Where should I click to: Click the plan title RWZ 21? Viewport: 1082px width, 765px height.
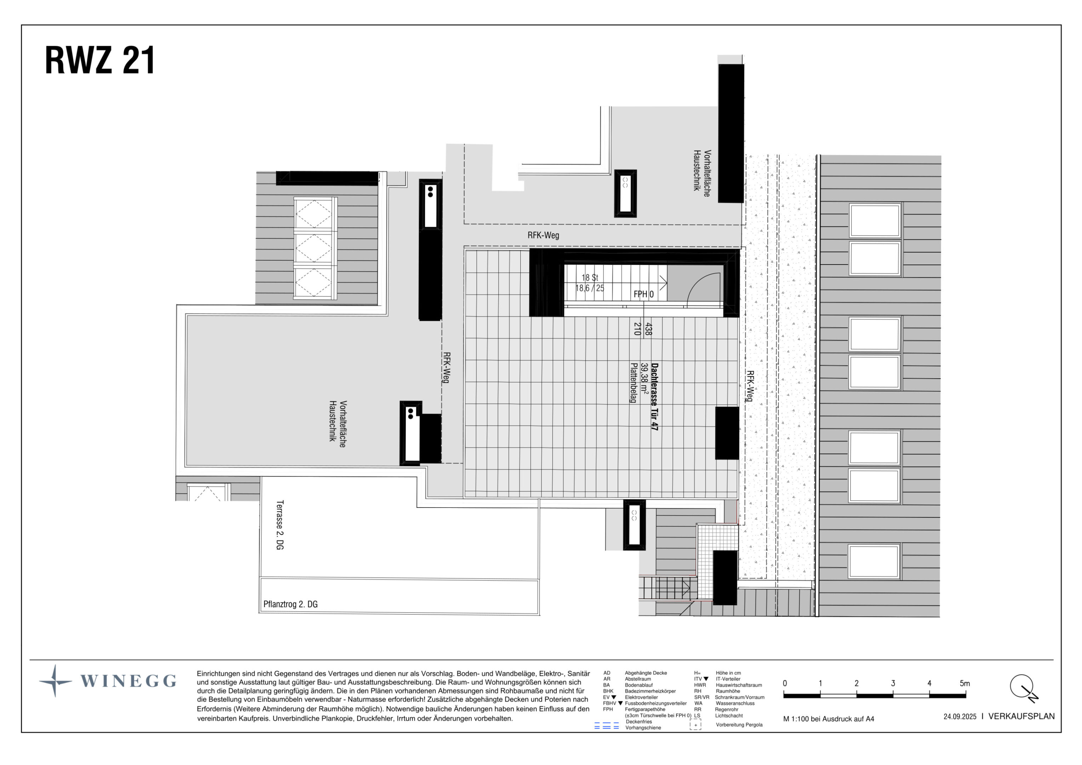(100, 61)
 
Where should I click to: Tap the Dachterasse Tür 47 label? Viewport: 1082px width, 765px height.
(654, 396)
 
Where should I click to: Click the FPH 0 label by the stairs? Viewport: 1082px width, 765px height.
(643, 294)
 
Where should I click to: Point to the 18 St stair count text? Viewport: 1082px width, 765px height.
(590, 278)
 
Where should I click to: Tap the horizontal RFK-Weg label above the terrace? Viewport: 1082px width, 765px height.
(543, 235)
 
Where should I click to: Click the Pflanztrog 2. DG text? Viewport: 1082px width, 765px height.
(290, 604)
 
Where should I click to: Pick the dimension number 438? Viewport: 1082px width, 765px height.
(648, 329)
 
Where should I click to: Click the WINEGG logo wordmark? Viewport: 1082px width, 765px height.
(128, 681)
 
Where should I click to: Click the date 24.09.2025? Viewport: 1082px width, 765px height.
(959, 716)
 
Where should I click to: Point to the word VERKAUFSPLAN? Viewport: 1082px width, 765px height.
(1021, 716)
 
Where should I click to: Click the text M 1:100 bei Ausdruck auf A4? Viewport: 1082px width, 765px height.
(828, 719)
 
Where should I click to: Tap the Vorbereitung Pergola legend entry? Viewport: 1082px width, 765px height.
(739, 725)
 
